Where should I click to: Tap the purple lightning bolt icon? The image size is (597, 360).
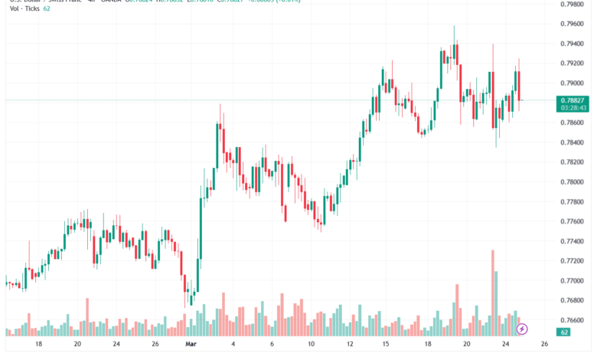click(523, 329)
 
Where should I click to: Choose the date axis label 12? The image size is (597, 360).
click(350, 345)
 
